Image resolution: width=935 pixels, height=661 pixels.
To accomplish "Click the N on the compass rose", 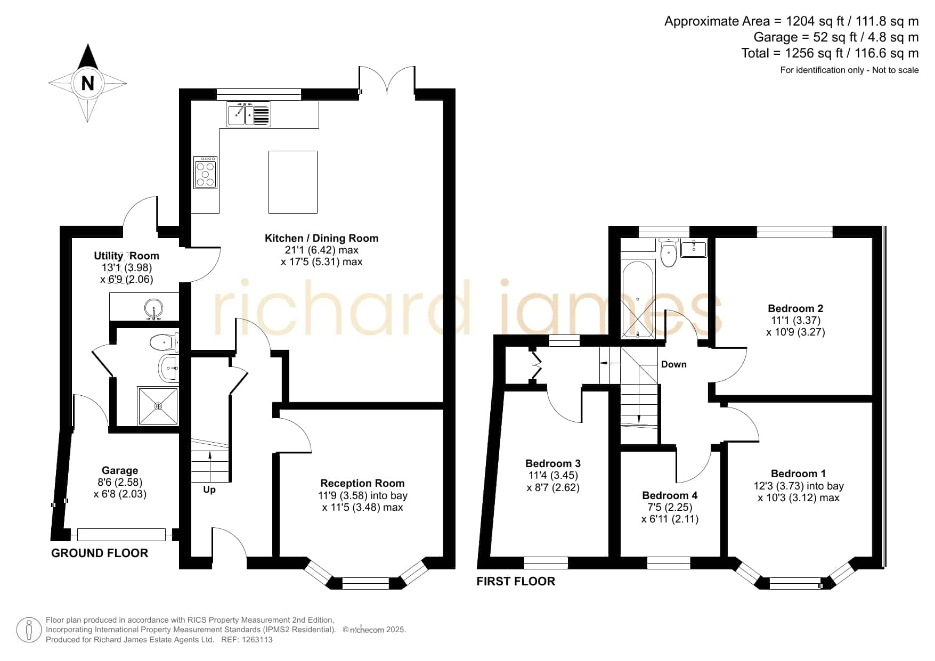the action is (x=87, y=84).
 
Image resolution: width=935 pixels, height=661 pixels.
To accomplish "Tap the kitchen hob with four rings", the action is (x=205, y=173).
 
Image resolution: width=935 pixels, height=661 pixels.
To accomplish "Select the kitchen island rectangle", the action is (x=293, y=182).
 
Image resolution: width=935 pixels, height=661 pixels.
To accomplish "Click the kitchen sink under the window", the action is (x=249, y=114).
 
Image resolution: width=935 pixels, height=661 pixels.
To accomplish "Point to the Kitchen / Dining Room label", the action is (x=321, y=238).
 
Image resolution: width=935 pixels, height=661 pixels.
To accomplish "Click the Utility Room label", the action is (x=126, y=256).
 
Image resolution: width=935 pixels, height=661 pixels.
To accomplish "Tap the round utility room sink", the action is (x=154, y=308).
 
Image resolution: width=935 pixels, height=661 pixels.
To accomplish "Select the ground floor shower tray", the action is (x=158, y=406).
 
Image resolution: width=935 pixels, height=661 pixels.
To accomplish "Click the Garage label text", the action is (x=120, y=470).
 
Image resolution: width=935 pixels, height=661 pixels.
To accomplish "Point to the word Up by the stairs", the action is (x=209, y=489).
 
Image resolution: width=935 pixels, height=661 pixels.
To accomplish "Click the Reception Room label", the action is (x=362, y=483).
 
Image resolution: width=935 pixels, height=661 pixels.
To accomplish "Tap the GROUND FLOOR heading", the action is (x=100, y=553).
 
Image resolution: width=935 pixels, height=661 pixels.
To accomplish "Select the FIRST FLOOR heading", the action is (x=516, y=581).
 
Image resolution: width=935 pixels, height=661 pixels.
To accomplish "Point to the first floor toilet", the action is (x=668, y=252).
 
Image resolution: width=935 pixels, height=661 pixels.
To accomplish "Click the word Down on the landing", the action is (x=674, y=364).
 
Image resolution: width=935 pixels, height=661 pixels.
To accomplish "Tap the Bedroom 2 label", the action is (x=795, y=308).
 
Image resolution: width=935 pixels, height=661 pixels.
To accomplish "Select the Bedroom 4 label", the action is (x=670, y=495).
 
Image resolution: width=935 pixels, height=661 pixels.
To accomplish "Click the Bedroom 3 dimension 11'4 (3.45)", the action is (x=553, y=475).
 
